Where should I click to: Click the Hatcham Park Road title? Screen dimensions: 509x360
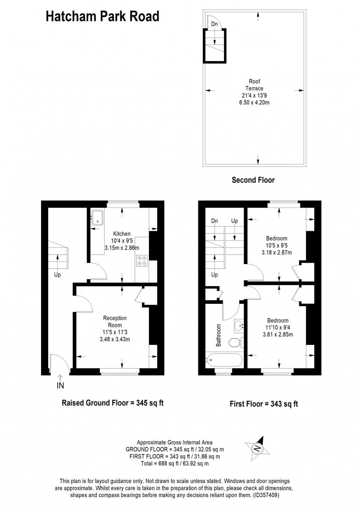pyautogui.click(x=102, y=17)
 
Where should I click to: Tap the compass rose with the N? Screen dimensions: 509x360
pyautogui.click(x=257, y=449)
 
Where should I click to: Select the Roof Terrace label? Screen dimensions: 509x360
pyautogui.click(x=254, y=85)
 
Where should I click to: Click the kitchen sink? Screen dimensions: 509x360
pyautogui.click(x=97, y=218)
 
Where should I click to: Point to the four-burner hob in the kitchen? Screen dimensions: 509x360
pyautogui.click(x=142, y=260)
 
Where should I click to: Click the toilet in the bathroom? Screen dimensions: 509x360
pyautogui.click(x=235, y=342)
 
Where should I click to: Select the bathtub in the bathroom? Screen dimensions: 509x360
pyautogui.click(x=224, y=360)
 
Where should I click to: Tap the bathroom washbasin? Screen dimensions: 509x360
pyautogui.click(x=239, y=326)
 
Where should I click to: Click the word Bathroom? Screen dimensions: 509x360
pyautogui.click(x=219, y=335)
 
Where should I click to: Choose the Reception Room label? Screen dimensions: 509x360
pyautogui.click(x=115, y=321)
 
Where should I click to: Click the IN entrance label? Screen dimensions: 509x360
pyautogui.click(x=60, y=385)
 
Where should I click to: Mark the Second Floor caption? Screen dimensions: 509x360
pyautogui.click(x=253, y=180)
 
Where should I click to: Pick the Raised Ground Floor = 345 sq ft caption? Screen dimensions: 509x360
pyautogui.click(x=112, y=403)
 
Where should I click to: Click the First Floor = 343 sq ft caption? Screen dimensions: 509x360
pyautogui.click(x=264, y=404)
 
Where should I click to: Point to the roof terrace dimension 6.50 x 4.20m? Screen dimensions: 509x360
pyautogui.click(x=254, y=103)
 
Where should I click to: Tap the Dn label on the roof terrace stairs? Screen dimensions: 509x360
pyautogui.click(x=214, y=24)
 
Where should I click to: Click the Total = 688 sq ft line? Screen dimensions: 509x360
pyautogui.click(x=175, y=464)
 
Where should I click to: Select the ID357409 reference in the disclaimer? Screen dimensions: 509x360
pyautogui.click(x=265, y=495)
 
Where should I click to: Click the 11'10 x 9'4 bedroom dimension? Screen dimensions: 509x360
pyautogui.click(x=278, y=327)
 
